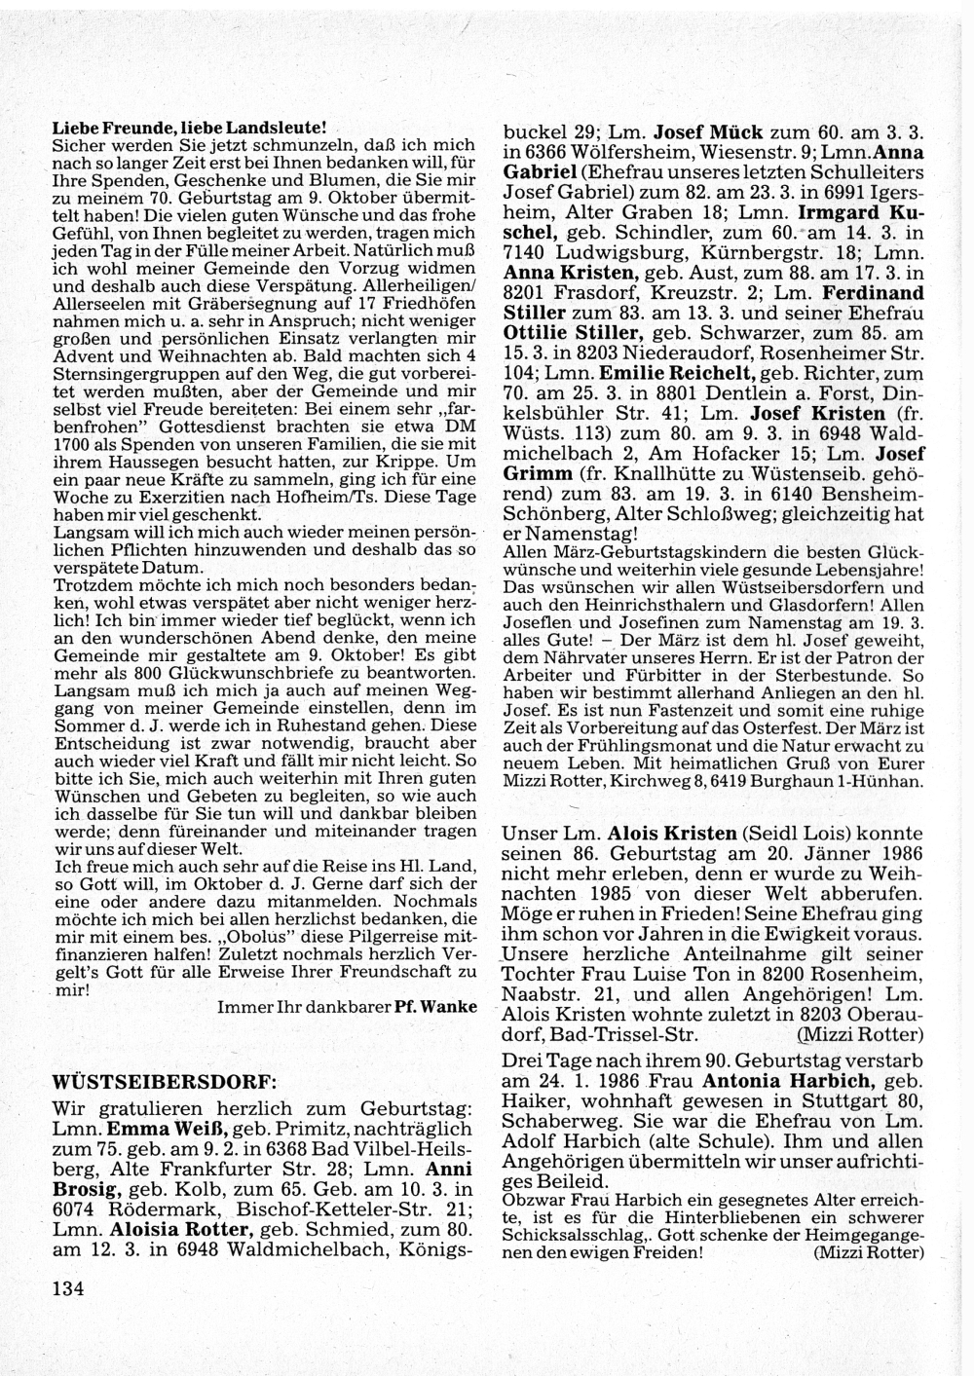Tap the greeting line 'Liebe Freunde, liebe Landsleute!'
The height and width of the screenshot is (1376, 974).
pos(187,129)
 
